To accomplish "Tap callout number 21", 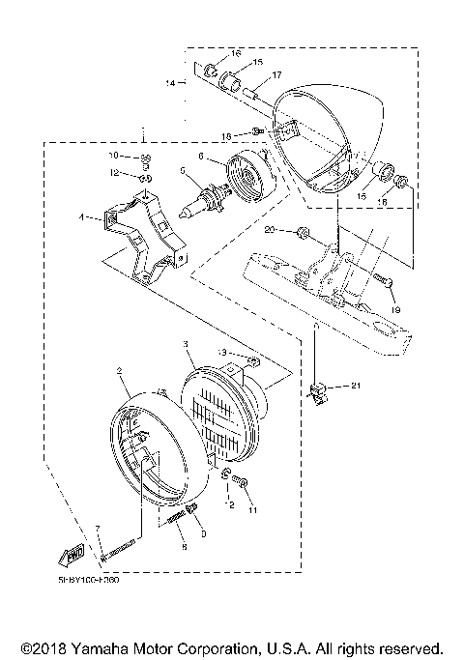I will pyautogui.click(x=356, y=386).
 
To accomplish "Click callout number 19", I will pyautogui.click(x=394, y=310).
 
